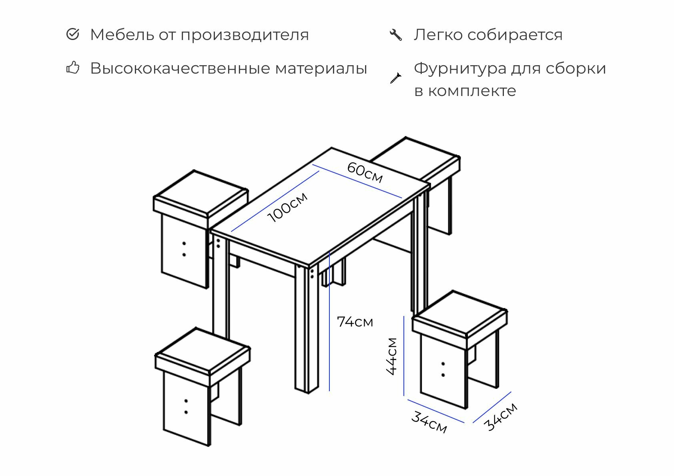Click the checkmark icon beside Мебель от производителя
pos(72,34)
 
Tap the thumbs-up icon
pos(72,68)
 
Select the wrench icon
pos(395,34)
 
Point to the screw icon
pos(395,78)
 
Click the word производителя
pos(245,35)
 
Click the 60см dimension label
pos(365,172)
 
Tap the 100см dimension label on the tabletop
pos(288,207)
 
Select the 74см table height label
pos(355,322)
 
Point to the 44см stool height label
pos(392,356)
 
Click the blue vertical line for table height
pos(329,320)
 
